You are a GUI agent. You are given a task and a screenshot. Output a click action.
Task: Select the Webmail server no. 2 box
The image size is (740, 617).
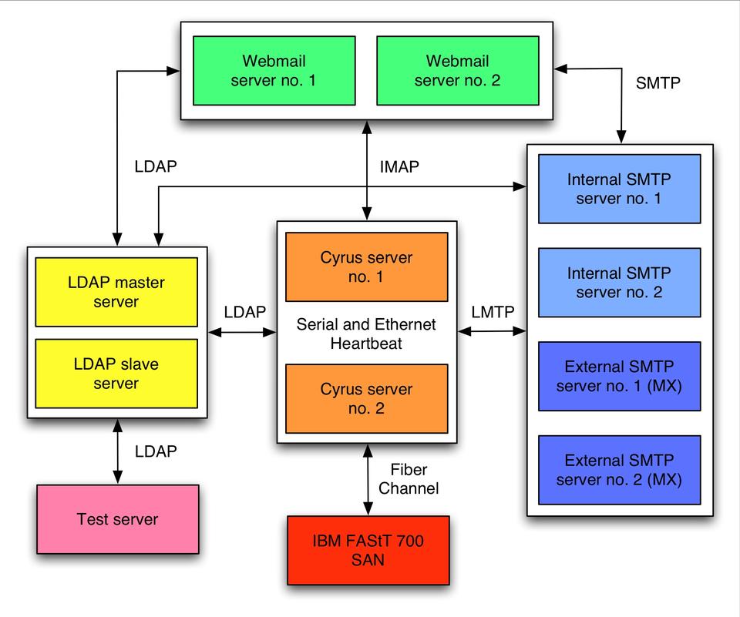pos(458,70)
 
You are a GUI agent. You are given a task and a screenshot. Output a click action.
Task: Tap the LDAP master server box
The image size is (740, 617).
pos(116,292)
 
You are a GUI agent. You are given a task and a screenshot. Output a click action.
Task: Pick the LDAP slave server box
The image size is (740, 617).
pos(116,374)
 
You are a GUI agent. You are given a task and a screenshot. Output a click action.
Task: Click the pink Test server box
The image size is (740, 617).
pos(117,519)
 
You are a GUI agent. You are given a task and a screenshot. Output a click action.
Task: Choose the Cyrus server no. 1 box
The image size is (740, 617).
pos(366,267)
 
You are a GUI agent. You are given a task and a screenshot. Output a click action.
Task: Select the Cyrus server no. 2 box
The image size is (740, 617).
pos(366,398)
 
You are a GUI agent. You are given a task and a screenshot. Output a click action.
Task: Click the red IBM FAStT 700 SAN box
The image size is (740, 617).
pos(368,550)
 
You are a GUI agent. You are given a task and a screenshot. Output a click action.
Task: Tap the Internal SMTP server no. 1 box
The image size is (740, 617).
pos(619,189)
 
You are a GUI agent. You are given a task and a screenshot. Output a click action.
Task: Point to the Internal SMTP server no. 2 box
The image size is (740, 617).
pos(619,283)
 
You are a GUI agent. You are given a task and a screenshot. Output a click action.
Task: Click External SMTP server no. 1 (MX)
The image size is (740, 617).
pos(619,376)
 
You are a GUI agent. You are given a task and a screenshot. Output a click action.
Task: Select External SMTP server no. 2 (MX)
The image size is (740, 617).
pos(619,470)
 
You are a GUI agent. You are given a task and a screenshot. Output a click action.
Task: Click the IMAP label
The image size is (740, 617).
pos(399,166)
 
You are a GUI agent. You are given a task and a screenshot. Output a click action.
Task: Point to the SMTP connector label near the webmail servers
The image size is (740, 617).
pos(658,83)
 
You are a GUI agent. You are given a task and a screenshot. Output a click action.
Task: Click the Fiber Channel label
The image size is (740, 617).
pos(409,479)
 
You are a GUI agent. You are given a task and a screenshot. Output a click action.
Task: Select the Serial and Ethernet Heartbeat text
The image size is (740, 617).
pos(366,333)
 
